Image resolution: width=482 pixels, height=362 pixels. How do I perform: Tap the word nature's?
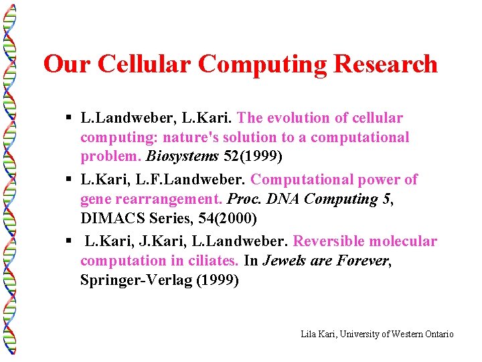[168, 137]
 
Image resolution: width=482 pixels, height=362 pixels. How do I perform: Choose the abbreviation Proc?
[243, 199]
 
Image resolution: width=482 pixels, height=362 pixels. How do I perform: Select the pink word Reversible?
[326, 241]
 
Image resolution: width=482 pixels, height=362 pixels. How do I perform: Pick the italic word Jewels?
[283, 261]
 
